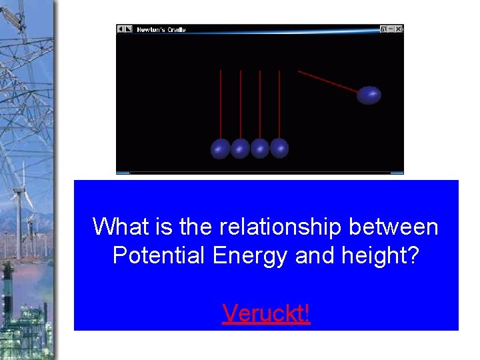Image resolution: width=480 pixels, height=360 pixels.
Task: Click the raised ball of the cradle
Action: [369, 95]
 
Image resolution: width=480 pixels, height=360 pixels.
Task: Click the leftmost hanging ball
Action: [221, 149]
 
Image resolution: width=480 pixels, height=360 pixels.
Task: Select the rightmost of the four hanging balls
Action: [279, 148]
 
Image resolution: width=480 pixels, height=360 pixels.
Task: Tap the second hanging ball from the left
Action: [240, 149]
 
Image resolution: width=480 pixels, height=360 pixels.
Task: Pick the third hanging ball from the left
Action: [260, 149]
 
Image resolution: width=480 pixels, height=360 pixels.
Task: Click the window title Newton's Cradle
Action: [161, 29]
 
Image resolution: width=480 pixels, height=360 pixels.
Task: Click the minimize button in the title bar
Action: [391, 29]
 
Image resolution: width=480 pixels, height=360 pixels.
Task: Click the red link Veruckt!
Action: [266, 312]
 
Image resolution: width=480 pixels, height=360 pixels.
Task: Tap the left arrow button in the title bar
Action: [121, 29]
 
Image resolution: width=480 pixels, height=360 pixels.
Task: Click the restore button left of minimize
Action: [383, 29]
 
